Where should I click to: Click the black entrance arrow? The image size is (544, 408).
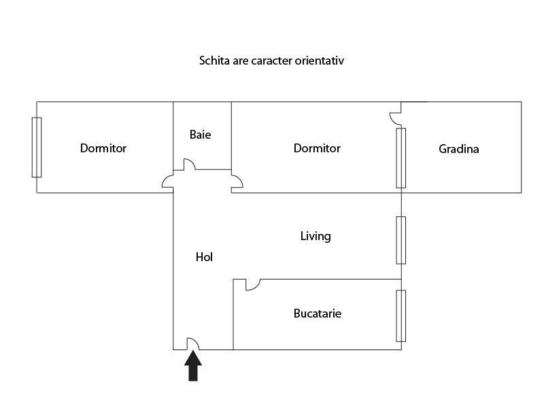193,366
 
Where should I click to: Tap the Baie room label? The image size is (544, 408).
200,135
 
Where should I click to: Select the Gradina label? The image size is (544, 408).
458,149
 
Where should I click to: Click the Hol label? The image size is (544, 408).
204,257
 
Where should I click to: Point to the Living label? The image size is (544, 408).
316,236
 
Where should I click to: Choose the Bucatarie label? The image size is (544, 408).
318,313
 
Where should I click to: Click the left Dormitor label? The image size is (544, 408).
103,148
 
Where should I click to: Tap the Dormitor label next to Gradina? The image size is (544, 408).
317,148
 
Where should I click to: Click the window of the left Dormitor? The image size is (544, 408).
37,147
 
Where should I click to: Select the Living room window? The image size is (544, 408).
401,240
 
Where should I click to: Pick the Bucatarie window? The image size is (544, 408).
401,316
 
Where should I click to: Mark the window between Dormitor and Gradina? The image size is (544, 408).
401,158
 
